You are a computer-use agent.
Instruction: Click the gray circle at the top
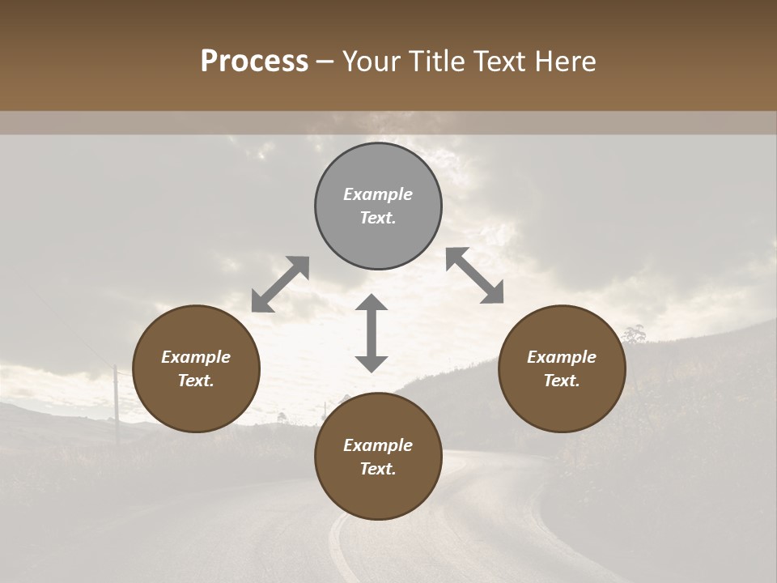coord(378,206)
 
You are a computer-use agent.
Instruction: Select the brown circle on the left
coord(196,368)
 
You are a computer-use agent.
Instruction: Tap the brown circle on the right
coord(562,368)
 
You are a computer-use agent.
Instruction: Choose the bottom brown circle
coord(378,457)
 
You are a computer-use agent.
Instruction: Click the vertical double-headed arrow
coord(372,333)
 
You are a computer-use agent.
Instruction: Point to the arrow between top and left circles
coord(281,284)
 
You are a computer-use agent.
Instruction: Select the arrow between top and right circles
coord(475,275)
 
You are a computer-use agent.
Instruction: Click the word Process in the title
coord(254,62)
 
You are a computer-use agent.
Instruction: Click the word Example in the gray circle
coord(378,194)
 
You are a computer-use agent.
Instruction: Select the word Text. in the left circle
coord(196,381)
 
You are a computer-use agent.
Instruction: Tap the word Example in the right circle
coord(562,357)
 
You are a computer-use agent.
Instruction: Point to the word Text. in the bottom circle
coord(378,469)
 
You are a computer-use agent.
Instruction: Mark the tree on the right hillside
coord(634,334)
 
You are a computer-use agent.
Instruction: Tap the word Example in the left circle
coord(196,357)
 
